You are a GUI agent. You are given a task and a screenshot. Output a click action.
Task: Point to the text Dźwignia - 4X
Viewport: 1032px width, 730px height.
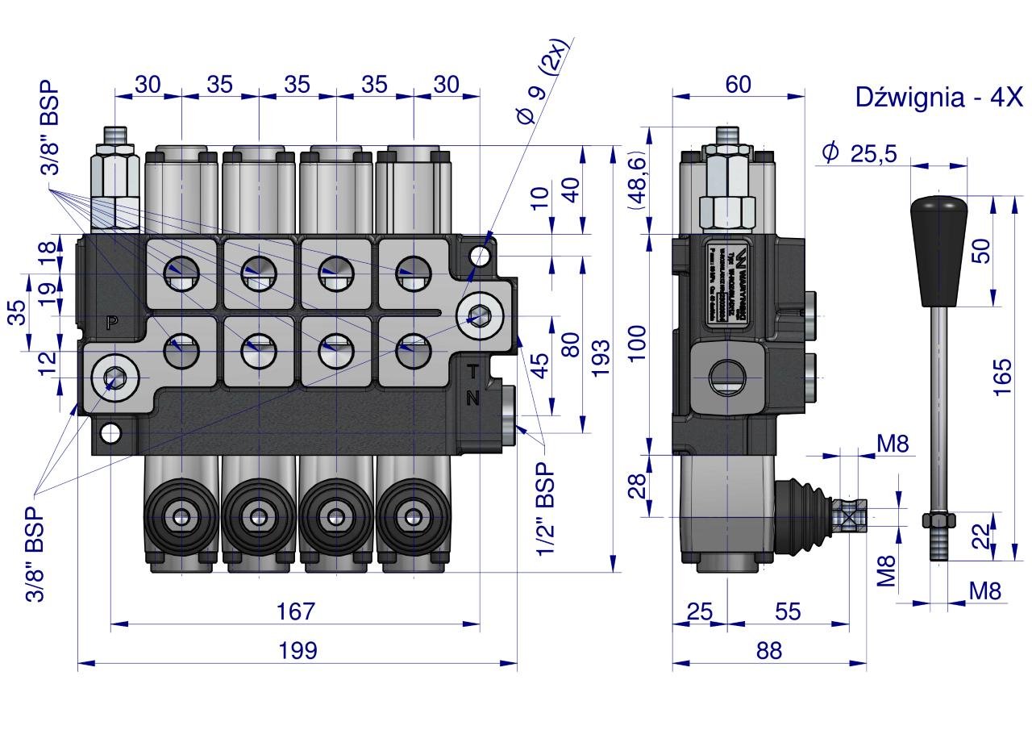point(938,98)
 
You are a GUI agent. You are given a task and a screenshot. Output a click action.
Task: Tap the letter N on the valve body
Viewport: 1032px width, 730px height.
point(473,397)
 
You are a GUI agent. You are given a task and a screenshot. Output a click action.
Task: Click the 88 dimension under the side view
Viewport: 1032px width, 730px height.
point(769,650)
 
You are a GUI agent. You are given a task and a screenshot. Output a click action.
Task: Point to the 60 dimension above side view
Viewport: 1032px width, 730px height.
point(738,84)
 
